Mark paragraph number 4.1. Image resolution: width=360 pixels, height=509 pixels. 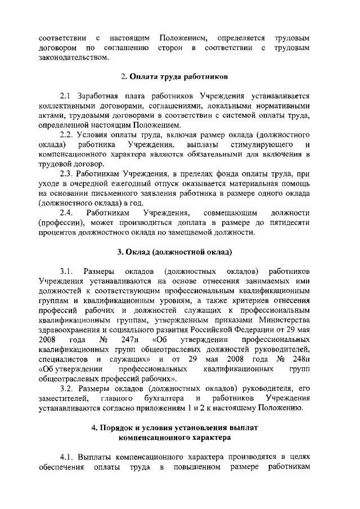click(x=67, y=457)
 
